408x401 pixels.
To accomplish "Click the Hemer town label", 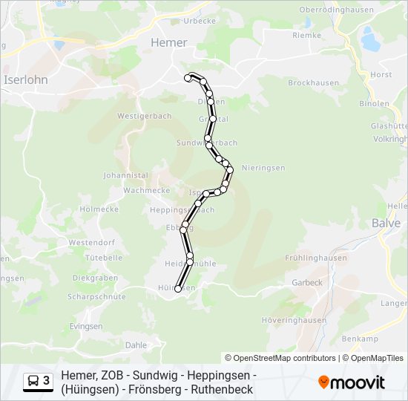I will tap(169, 42).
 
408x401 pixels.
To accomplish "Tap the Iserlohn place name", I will tap(26, 79).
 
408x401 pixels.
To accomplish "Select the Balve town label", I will tap(386, 222).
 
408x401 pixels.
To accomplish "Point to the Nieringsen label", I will tap(263, 168).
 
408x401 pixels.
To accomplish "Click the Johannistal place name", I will tap(125, 175).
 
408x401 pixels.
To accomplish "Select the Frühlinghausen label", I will tap(315, 258).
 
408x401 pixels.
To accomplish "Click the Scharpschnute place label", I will tap(96, 296).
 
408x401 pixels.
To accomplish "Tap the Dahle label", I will tap(136, 345).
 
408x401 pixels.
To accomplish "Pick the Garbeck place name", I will tap(307, 282).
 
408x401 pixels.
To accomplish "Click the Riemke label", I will tap(306, 35).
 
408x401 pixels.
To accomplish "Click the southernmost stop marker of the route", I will tap(178, 289).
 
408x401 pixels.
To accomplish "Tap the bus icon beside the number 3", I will tap(33, 382).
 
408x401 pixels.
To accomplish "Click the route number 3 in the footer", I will tap(47, 382).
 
